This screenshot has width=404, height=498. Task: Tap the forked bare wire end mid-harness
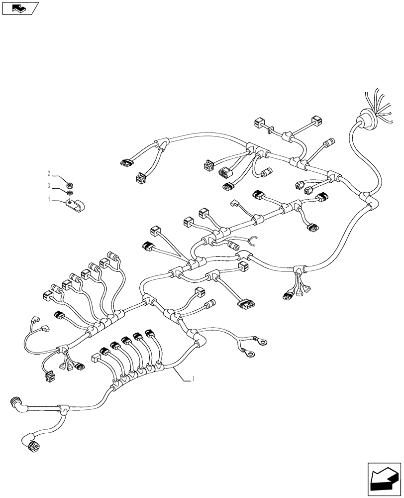[x=252, y=241]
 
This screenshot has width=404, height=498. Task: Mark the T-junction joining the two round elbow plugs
[x=63, y=409]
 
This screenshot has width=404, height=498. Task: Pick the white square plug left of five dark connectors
[x=95, y=357]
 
